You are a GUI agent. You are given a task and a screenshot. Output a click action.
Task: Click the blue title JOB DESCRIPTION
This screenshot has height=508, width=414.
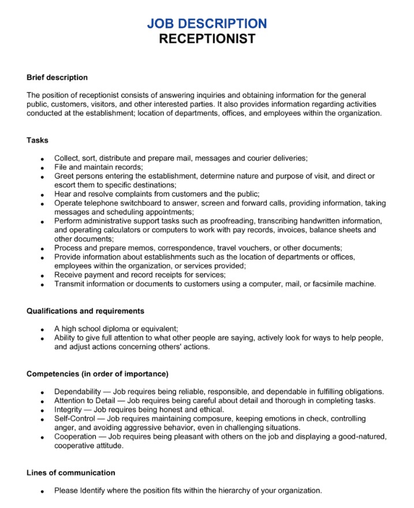pyautogui.click(x=207, y=24)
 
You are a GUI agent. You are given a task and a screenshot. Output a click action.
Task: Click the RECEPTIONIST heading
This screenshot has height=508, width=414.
pyautogui.click(x=207, y=39)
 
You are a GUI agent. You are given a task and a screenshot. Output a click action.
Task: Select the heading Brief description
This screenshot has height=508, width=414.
pyautogui.click(x=57, y=77)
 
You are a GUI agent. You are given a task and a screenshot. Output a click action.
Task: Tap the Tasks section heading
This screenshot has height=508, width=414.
pyautogui.click(x=38, y=140)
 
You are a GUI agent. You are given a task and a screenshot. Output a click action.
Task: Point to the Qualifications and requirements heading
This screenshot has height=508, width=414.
pyautogui.click(x=85, y=311)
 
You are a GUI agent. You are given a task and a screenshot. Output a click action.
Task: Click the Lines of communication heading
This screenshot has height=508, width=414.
pyautogui.click(x=71, y=473)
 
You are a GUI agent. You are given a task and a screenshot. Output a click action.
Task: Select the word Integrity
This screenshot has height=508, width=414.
pyautogui.click(x=68, y=410)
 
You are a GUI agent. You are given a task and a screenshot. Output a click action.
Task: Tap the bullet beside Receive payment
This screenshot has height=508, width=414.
pyautogui.click(x=43, y=276)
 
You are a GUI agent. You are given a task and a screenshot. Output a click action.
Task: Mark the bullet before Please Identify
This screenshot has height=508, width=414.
pyautogui.click(x=43, y=492)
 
